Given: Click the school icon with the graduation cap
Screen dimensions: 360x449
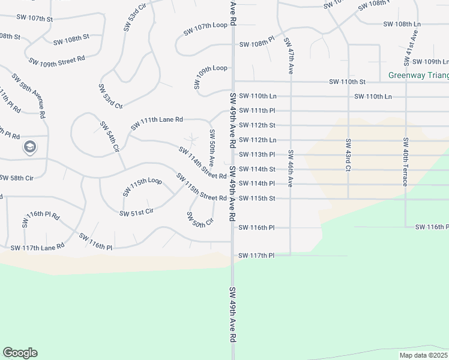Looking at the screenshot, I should [29, 146].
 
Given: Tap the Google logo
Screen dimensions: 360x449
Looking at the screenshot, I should [20, 353].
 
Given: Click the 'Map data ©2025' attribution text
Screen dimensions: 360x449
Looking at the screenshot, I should [424, 355].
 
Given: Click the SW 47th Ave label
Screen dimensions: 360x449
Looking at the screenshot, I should [288, 56].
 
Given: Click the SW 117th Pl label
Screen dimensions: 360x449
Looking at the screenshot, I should [256, 256].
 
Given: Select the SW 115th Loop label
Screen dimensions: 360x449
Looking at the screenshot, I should [142, 187].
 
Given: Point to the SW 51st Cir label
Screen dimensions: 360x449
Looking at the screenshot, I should [137, 212].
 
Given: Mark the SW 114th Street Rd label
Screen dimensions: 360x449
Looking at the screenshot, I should [202, 163].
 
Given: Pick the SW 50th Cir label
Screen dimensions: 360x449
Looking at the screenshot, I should [199, 220].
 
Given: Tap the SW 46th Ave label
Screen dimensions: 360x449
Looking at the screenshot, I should [291, 169].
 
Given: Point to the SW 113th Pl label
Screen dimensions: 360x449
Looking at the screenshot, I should [256, 154].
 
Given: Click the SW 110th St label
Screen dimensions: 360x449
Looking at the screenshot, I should [347, 82].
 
